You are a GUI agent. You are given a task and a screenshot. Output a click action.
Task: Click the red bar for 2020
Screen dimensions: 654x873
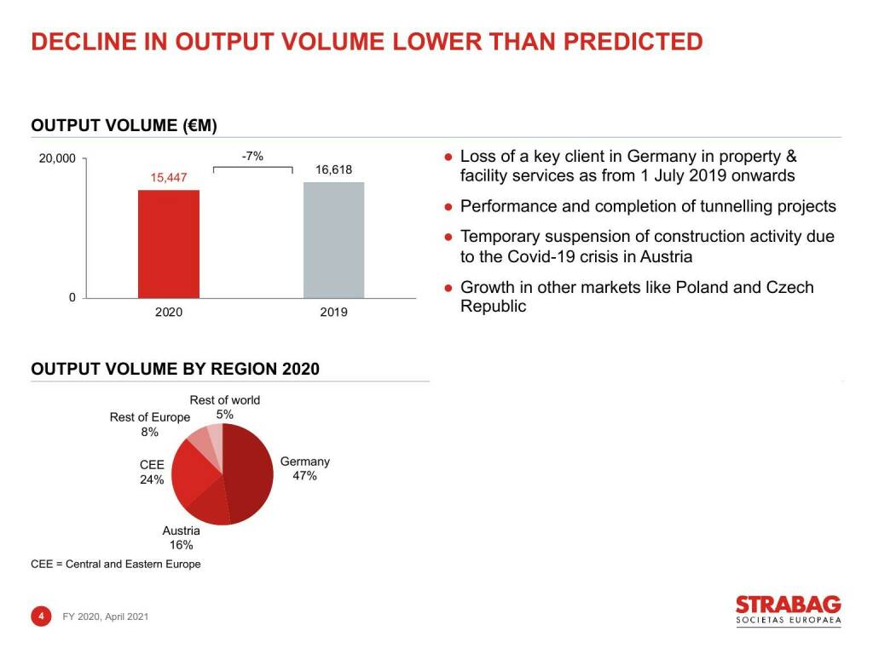click(169, 244)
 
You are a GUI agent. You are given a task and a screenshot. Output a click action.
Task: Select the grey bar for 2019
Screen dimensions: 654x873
click(333, 240)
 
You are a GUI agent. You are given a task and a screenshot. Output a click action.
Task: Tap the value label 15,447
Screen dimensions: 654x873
click(168, 177)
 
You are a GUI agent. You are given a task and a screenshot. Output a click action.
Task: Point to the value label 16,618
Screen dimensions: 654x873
click(333, 169)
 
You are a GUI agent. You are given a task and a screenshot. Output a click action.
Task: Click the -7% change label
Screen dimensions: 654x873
click(252, 156)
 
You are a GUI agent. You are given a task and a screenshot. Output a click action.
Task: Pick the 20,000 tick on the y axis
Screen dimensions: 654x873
click(58, 158)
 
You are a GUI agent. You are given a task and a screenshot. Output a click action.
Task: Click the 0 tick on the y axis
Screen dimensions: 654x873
click(72, 297)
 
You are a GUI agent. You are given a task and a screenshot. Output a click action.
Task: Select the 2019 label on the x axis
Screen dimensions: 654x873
click(333, 313)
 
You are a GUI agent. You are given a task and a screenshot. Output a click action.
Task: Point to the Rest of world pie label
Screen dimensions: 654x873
click(224, 400)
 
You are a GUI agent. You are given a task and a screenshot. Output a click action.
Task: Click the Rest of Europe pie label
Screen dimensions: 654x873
click(150, 417)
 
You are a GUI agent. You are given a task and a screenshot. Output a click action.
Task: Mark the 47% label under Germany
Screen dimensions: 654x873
click(304, 476)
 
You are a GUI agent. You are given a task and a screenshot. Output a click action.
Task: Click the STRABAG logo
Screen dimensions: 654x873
click(788, 611)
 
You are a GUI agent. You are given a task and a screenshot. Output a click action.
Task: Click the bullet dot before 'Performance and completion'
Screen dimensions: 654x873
click(448, 206)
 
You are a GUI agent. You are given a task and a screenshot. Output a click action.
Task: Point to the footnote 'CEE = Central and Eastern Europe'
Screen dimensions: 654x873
click(116, 564)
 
